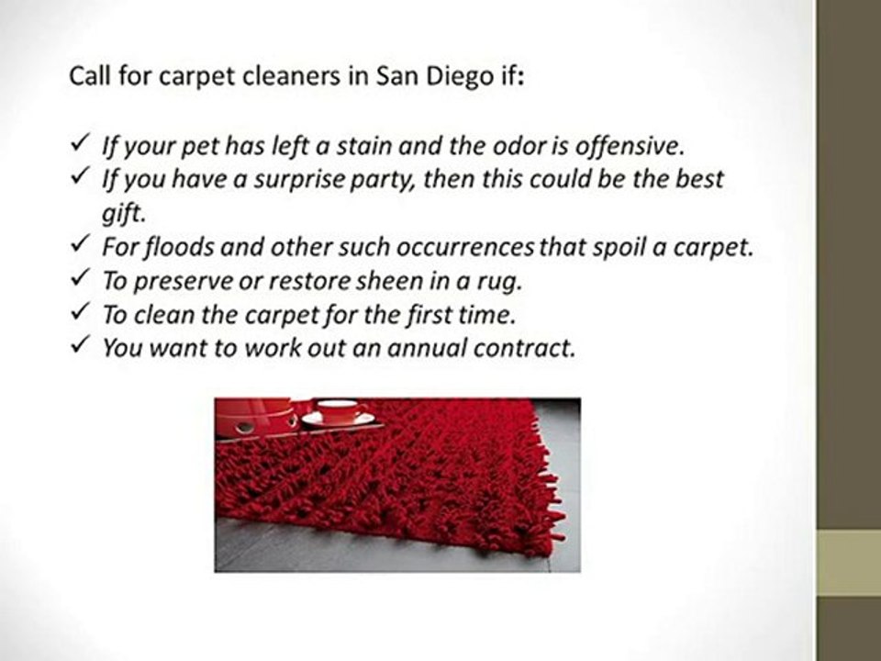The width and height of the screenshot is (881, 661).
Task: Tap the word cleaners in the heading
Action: (x=291, y=76)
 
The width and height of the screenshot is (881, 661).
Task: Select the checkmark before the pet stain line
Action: (x=79, y=143)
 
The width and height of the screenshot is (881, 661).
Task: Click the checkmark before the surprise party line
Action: (x=79, y=176)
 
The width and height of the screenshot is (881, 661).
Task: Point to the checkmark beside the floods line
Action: (x=79, y=244)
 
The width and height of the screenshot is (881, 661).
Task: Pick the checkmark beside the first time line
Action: (x=79, y=311)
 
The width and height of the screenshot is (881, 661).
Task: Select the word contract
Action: (x=524, y=349)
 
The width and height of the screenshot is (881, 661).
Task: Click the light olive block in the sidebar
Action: (x=848, y=562)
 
